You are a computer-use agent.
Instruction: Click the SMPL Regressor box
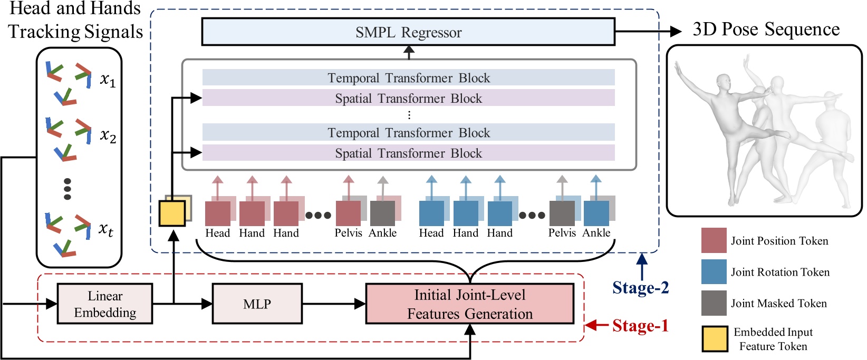408,32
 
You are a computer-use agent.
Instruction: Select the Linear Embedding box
105,304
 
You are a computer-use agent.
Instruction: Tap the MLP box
257,304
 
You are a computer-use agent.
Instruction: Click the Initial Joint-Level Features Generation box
469,304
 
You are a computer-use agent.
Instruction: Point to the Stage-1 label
640,326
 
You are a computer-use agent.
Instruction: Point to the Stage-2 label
640,288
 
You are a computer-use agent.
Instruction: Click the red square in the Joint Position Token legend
714,241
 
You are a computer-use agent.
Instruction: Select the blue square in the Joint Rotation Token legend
714,272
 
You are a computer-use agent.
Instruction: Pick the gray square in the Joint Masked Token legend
714,303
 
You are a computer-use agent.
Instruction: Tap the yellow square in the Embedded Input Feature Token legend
715,339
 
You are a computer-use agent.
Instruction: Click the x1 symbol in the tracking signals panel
108,80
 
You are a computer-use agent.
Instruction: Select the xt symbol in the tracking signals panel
106,230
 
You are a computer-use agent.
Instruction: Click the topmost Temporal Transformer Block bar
408,78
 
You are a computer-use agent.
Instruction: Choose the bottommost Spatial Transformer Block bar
408,153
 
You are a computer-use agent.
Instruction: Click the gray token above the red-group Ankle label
382,213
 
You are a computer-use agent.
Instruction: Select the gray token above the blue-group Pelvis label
562,213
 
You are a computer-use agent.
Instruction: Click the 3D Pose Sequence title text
766,30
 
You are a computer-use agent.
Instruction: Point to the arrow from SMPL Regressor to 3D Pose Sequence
649,32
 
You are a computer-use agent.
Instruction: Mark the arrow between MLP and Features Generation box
334,304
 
